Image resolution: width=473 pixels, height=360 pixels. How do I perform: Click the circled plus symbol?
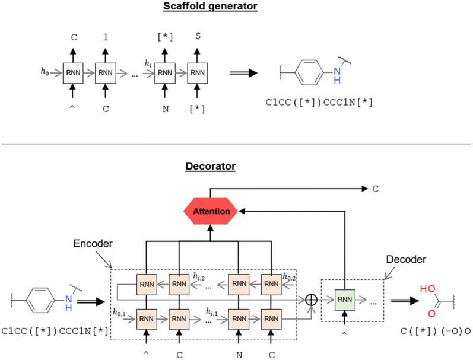tap(310, 300)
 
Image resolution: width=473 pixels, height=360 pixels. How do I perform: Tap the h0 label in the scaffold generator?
tap(43, 72)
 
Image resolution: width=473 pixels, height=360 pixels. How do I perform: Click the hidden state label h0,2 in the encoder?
tap(289, 276)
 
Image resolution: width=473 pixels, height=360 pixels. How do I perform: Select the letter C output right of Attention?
tap(374, 190)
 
